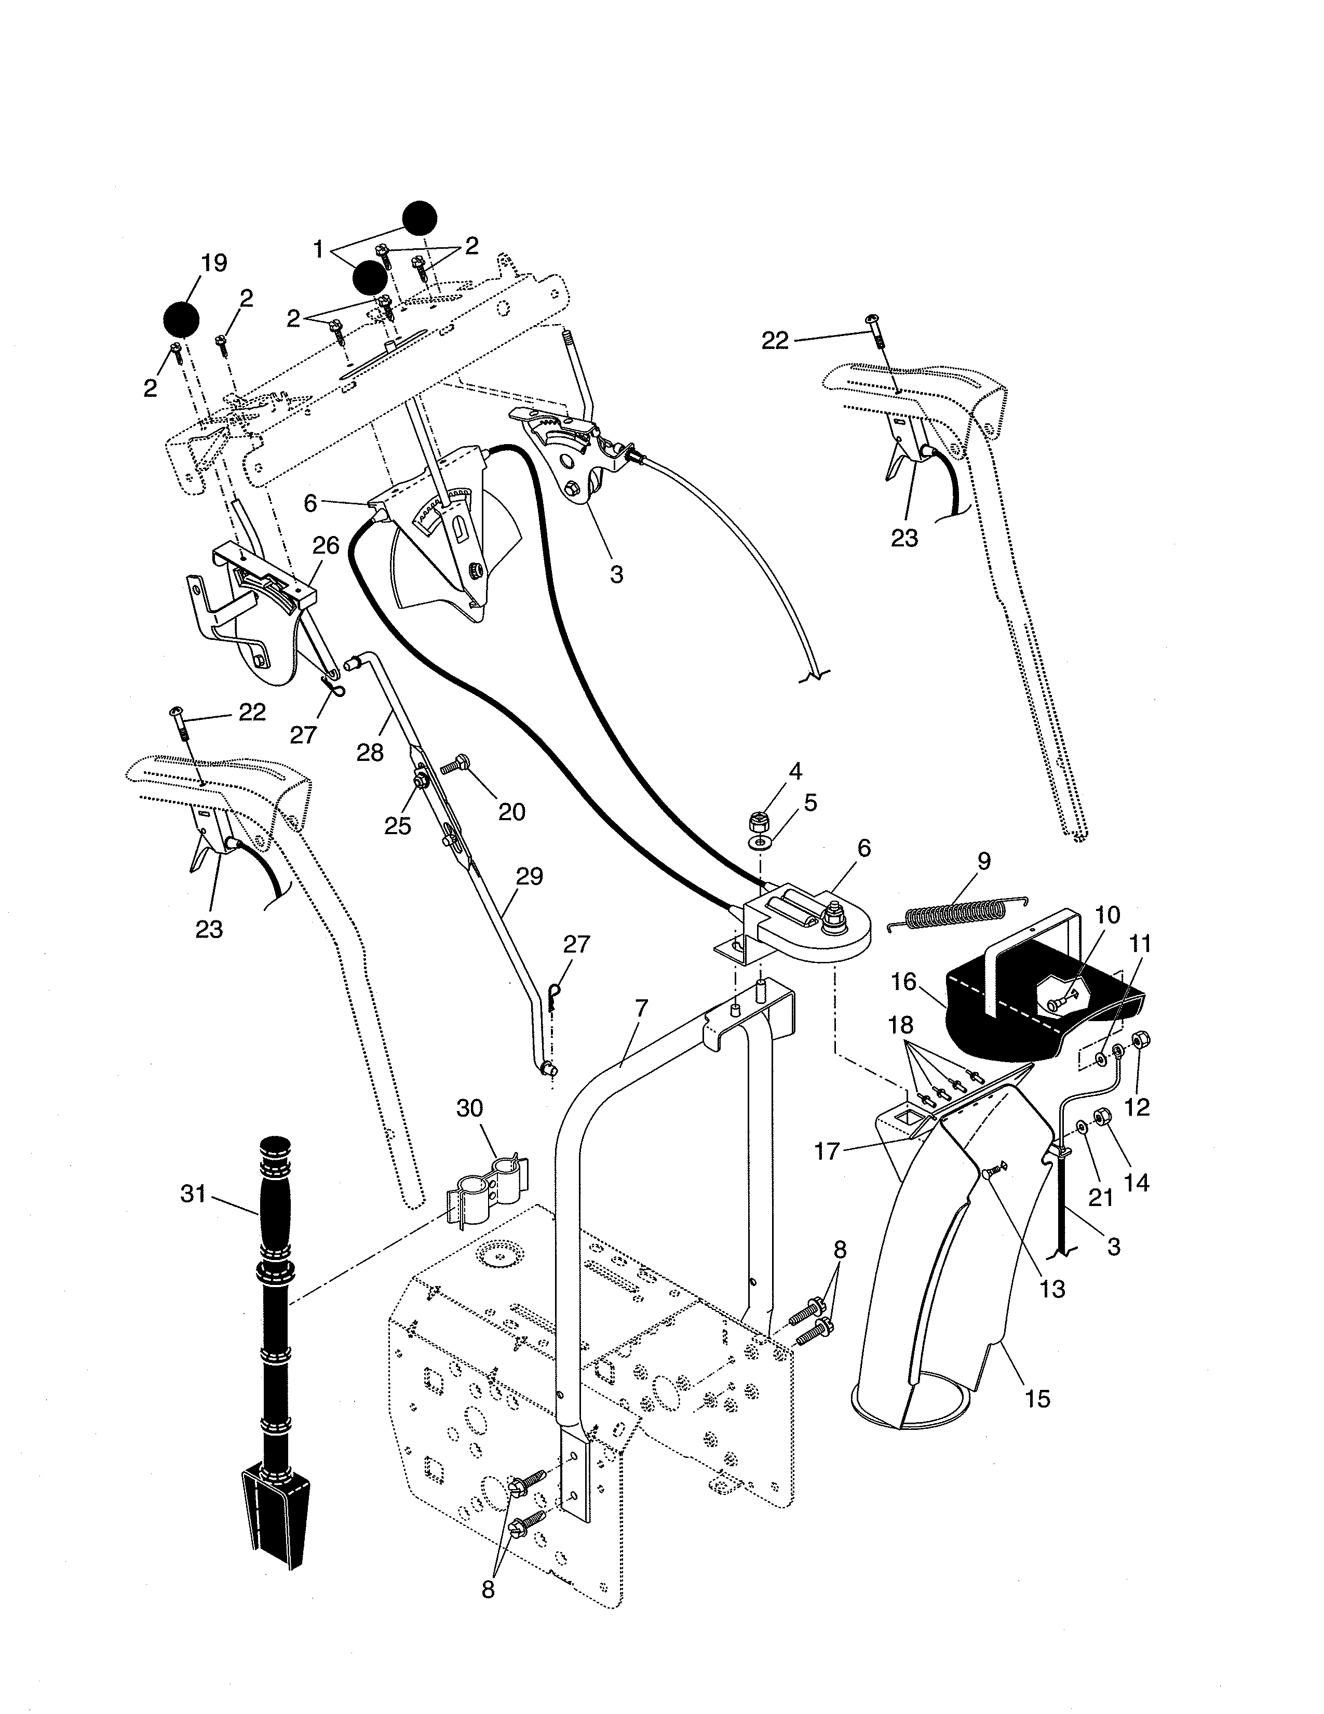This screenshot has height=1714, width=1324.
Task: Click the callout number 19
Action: pos(213,263)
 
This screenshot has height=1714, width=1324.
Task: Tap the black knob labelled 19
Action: pos(181,319)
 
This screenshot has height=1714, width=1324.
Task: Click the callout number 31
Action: pos(193,1194)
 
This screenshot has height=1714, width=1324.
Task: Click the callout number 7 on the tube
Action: pos(642,1009)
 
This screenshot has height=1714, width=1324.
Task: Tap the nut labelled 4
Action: pos(758,823)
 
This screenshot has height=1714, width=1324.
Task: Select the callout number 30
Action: pos(470,1108)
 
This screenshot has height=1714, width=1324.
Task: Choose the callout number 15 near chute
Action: pos(1037,1399)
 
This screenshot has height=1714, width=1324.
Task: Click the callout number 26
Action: pos(326,545)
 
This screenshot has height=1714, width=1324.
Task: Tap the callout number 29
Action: pos(530,877)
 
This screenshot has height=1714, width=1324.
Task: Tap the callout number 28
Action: pos(370,753)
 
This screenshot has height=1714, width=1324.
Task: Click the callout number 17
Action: pos(828,1151)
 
